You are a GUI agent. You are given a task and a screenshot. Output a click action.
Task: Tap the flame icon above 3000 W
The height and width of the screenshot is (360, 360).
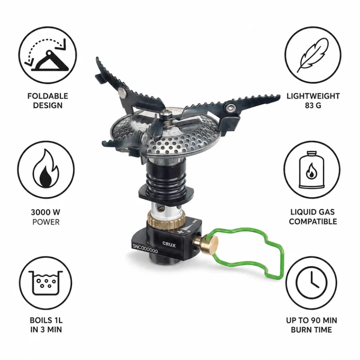point(46,168)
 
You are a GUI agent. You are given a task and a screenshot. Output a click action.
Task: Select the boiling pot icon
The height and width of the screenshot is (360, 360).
point(46,283)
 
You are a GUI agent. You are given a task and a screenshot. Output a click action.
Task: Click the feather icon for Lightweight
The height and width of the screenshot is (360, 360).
point(313,55)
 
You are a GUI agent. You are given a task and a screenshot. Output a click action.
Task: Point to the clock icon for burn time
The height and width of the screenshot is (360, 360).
point(311,283)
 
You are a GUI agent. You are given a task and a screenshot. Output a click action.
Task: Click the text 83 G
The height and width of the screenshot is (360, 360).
point(313,105)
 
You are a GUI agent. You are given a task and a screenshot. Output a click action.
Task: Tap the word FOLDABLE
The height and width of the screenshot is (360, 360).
point(48,96)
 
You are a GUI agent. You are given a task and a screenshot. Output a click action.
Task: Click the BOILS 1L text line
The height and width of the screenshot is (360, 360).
point(46,320)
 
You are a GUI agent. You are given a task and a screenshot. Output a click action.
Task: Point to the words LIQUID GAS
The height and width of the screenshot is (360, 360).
point(312,212)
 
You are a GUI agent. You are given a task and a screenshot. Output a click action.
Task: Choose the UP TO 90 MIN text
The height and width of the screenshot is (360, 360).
point(312,320)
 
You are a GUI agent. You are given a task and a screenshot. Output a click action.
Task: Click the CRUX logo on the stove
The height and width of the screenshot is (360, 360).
point(169,244)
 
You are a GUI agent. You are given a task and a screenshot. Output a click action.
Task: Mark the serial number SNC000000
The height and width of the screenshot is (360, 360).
point(145,249)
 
